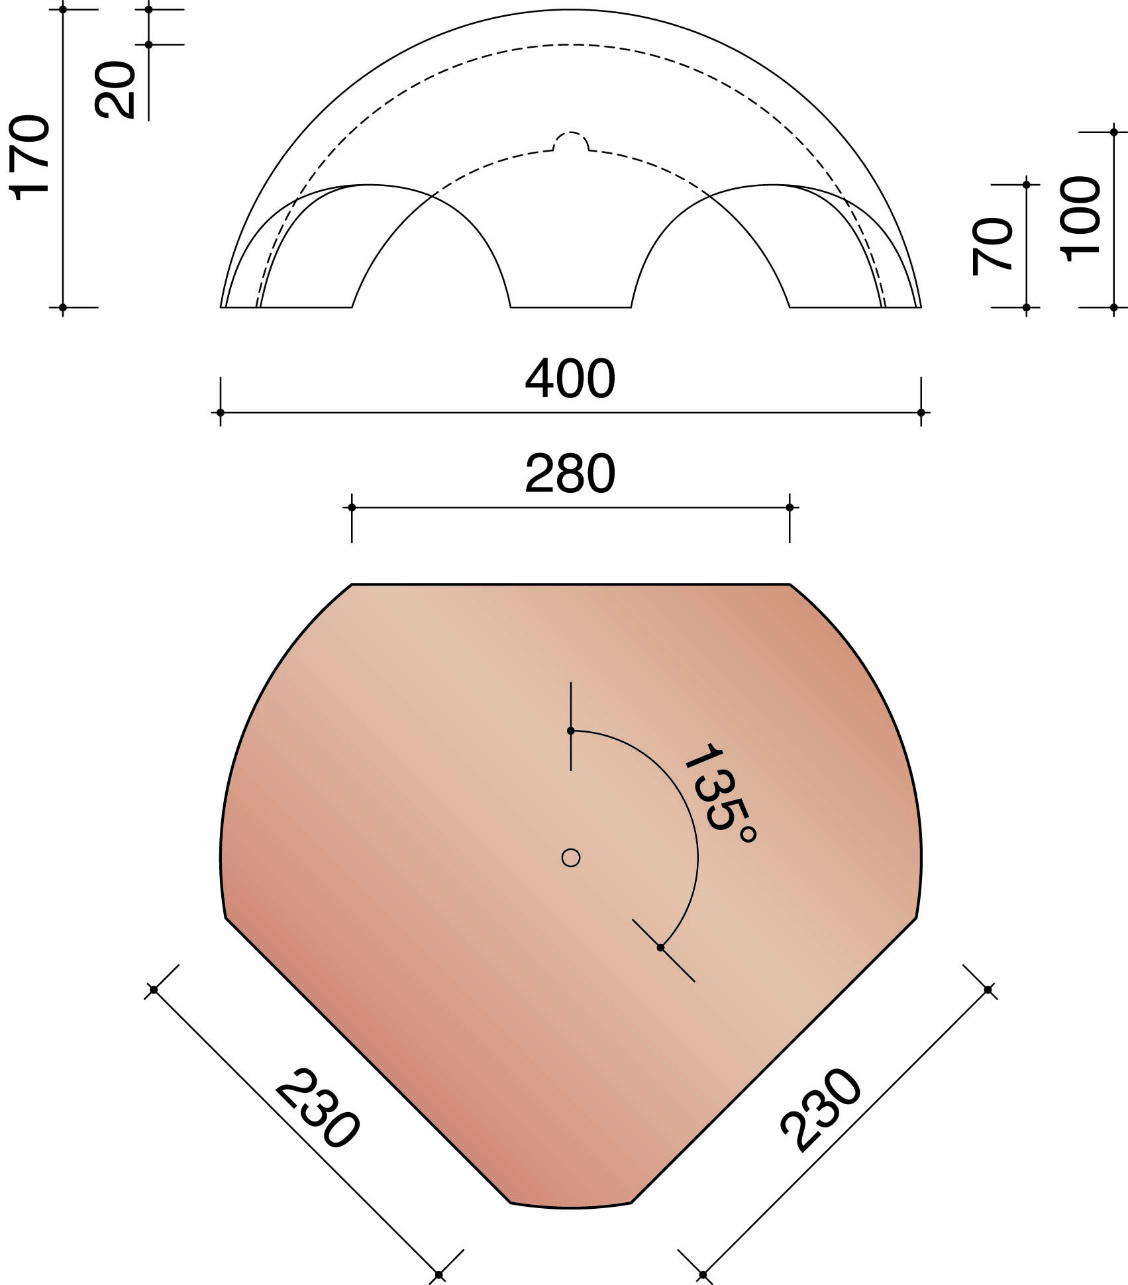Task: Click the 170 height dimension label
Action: (30, 157)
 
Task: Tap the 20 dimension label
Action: (115, 90)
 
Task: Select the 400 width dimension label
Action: (570, 380)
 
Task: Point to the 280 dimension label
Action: (570, 474)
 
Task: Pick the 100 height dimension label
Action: (1080, 219)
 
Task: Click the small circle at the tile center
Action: (571, 858)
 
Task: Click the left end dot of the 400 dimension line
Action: (221, 413)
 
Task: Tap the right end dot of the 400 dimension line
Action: (921, 413)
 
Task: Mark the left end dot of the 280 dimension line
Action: (352, 507)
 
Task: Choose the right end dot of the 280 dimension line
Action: (790, 507)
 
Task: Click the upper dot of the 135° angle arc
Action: (571, 731)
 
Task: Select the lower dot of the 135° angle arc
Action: (660, 948)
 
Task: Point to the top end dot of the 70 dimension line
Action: (1027, 185)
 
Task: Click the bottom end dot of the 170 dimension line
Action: (63, 307)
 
